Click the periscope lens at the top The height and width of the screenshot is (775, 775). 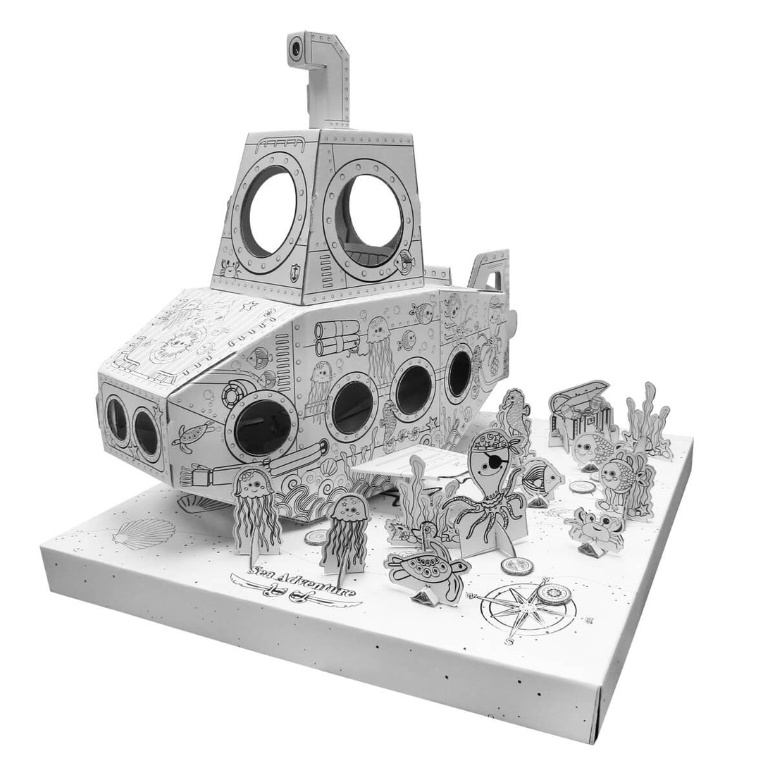(296, 48)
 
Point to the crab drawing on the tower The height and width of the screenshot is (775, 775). (230, 268)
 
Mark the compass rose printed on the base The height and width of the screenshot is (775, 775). (525, 605)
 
